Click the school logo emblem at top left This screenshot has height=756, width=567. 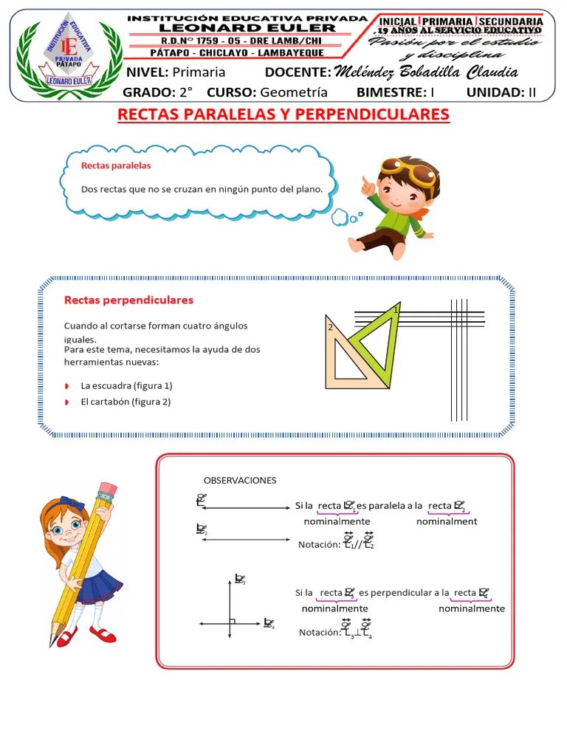[68, 56]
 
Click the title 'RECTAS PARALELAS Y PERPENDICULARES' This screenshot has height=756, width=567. [283, 115]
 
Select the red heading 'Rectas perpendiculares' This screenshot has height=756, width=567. [128, 300]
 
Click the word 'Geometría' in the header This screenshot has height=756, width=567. [294, 92]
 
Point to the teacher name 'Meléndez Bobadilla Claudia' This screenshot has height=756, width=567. [425, 72]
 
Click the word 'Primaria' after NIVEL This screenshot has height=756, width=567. [199, 72]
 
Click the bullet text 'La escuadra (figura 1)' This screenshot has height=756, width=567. [126, 385]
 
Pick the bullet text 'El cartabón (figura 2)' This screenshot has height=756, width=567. [126, 402]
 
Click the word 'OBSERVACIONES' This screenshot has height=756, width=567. [240, 480]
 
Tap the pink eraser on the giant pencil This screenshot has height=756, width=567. [107, 490]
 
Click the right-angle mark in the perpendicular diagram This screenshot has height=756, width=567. [232, 621]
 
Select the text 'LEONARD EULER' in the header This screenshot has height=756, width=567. [247, 28]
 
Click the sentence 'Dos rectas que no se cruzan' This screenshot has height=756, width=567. [202, 189]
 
